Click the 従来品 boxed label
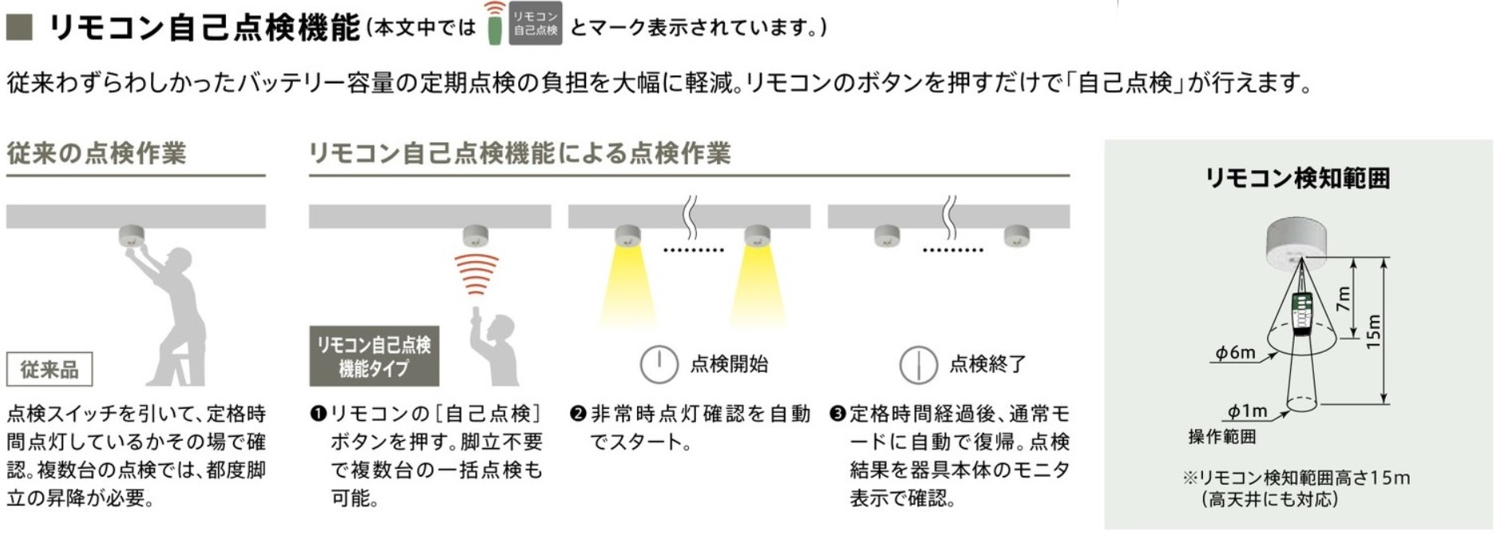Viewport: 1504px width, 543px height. [x=49, y=370]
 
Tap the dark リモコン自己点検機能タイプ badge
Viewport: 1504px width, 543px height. [x=374, y=356]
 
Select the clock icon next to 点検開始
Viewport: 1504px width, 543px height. [x=659, y=364]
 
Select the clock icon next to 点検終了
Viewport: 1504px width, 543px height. [x=918, y=365]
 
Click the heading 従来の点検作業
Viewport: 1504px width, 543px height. [x=97, y=153]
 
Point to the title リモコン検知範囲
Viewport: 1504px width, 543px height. [x=1297, y=177]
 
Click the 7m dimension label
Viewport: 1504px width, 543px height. [x=1344, y=298]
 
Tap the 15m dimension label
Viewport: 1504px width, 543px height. [x=1373, y=331]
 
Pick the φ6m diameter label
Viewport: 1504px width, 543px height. [x=1235, y=352]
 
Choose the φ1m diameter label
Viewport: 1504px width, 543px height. [x=1248, y=410]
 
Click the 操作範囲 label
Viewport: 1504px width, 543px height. [x=1221, y=437]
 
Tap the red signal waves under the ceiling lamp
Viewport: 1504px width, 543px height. [x=477, y=274]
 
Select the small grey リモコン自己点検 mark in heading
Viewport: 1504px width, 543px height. [x=535, y=23]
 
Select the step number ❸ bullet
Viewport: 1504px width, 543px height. [x=837, y=414]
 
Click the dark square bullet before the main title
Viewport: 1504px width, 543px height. [x=19, y=28]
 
